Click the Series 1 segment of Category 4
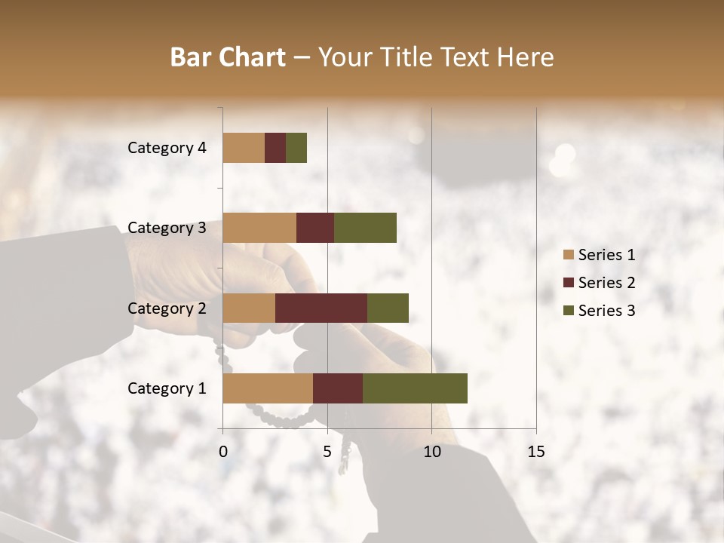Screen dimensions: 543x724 pyautogui.click(x=244, y=148)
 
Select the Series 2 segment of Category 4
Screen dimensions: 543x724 pyautogui.click(x=275, y=148)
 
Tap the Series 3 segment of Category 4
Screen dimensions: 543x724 pyautogui.click(x=296, y=148)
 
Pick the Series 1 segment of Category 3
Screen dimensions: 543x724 pyautogui.click(x=259, y=228)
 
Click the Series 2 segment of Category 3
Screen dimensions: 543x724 pyautogui.click(x=315, y=228)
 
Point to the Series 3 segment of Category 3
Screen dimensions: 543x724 pyautogui.click(x=365, y=228)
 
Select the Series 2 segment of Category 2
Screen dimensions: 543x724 pyautogui.click(x=321, y=308)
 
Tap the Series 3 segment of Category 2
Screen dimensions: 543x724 pyautogui.click(x=388, y=308)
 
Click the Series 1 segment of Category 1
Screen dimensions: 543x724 pyautogui.click(x=268, y=388)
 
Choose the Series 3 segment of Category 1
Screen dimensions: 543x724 pyautogui.click(x=415, y=388)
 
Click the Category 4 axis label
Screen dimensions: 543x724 pyautogui.click(x=167, y=148)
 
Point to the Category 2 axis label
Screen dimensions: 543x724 pyautogui.click(x=167, y=308)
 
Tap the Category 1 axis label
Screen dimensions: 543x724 pyautogui.click(x=167, y=388)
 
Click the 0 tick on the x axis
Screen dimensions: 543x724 pyautogui.click(x=223, y=452)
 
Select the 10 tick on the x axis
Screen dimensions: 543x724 pyautogui.click(x=431, y=452)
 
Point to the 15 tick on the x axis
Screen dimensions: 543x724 pyautogui.click(x=536, y=452)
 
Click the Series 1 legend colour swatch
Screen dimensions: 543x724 pyautogui.click(x=569, y=255)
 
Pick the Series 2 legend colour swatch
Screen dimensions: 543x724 pyautogui.click(x=569, y=283)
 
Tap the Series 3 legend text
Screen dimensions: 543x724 pyautogui.click(x=606, y=311)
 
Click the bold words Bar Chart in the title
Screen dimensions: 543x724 pyautogui.click(x=228, y=57)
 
